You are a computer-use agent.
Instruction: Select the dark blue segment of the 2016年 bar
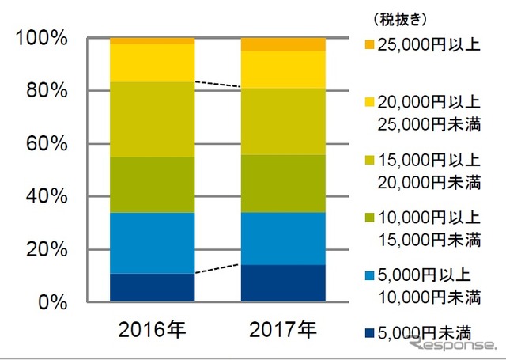click(153, 288)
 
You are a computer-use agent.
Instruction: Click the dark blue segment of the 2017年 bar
click(283, 283)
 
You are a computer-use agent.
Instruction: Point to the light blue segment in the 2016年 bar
click(153, 243)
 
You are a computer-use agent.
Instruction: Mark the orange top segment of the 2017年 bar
click(283, 44)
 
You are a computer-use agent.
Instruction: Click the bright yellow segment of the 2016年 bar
click(153, 63)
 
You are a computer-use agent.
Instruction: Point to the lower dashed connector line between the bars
click(217, 269)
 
